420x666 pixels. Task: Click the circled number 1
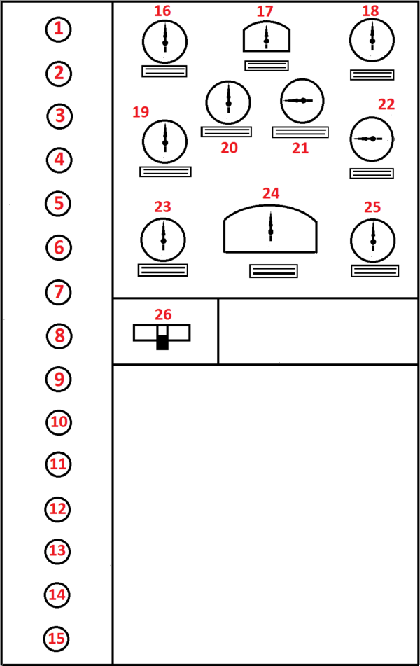coord(59,29)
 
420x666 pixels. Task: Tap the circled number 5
coord(58,204)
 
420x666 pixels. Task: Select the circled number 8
coord(59,336)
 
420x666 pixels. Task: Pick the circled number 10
coord(59,422)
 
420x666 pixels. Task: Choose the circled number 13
coord(58,551)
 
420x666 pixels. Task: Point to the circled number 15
coord(57,639)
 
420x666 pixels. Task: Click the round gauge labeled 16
coord(164,42)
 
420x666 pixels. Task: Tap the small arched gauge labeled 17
coord(267,36)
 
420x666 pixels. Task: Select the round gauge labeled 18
coord(372,41)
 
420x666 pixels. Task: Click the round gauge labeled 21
coord(302,101)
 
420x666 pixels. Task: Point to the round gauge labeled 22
coord(372,139)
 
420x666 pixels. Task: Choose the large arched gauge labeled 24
coord(270,229)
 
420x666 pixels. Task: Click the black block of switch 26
coord(162,342)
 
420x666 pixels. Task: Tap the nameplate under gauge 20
coord(226,132)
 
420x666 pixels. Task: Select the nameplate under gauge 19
coord(166,172)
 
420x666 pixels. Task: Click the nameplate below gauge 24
coord(274,271)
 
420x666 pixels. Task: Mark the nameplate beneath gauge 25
coord(375,270)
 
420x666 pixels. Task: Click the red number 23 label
coord(162,207)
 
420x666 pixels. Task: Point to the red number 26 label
coord(163,314)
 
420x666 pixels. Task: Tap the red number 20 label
coord(230,148)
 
